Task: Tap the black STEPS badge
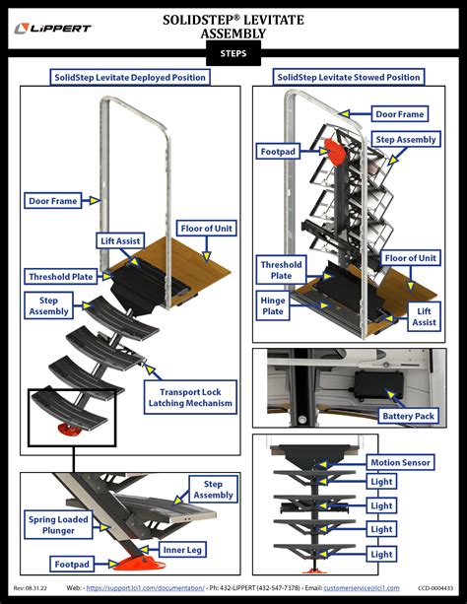(233, 53)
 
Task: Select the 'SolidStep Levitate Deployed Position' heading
(129, 77)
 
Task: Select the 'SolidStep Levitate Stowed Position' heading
(350, 77)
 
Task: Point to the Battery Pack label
(409, 416)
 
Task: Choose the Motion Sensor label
(402, 462)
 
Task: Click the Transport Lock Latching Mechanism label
(191, 397)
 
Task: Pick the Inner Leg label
(183, 549)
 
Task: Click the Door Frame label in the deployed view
(52, 201)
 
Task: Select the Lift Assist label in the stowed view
(425, 315)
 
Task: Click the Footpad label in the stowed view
(278, 152)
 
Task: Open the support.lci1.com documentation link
(145, 587)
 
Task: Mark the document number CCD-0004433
(436, 587)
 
